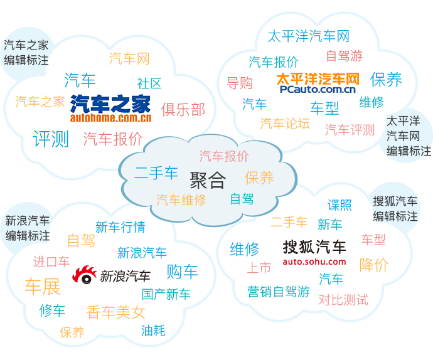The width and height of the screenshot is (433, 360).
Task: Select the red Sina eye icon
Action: [84, 275]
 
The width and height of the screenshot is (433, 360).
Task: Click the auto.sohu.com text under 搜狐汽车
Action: [314, 262]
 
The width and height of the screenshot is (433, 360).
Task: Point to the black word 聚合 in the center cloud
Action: [208, 180]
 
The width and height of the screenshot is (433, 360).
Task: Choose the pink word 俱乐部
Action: [183, 110]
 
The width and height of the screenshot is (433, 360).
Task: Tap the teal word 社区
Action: [149, 83]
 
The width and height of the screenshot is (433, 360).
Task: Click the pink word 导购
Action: [240, 83]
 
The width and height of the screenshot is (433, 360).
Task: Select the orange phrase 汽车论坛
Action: [285, 123]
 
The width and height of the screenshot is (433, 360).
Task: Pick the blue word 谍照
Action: [339, 205]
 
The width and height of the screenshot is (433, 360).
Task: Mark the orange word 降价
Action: [374, 265]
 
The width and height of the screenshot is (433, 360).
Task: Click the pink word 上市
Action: [259, 268]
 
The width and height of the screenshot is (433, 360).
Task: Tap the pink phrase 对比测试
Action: [343, 300]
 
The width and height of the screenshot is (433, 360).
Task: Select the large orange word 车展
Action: [43, 286]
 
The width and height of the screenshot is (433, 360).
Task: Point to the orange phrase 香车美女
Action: [116, 312]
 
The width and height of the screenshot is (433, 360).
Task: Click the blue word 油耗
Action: [153, 331]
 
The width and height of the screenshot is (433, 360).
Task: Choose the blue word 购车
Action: [182, 271]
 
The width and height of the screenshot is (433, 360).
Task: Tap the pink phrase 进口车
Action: [51, 262]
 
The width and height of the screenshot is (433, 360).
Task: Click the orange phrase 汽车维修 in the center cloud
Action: [181, 200]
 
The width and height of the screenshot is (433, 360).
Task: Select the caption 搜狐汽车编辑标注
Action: [395, 209]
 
